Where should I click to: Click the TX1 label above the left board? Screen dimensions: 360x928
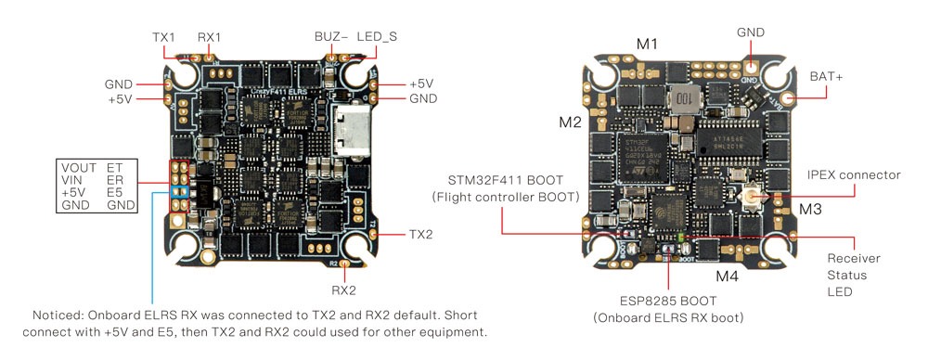click(x=164, y=38)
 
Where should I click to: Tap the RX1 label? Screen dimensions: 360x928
click(x=210, y=38)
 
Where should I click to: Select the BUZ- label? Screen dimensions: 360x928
click(x=330, y=38)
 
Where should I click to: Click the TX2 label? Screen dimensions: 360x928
click(x=420, y=234)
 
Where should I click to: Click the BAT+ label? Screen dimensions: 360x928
click(x=826, y=76)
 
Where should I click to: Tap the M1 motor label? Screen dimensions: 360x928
click(x=647, y=44)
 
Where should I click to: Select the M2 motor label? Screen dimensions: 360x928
click(x=570, y=122)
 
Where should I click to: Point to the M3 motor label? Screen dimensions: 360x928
click(x=810, y=211)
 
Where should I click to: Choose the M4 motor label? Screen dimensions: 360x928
click(x=727, y=276)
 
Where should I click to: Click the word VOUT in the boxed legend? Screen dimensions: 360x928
click(x=75, y=167)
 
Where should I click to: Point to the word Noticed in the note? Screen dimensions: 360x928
click(x=60, y=315)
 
